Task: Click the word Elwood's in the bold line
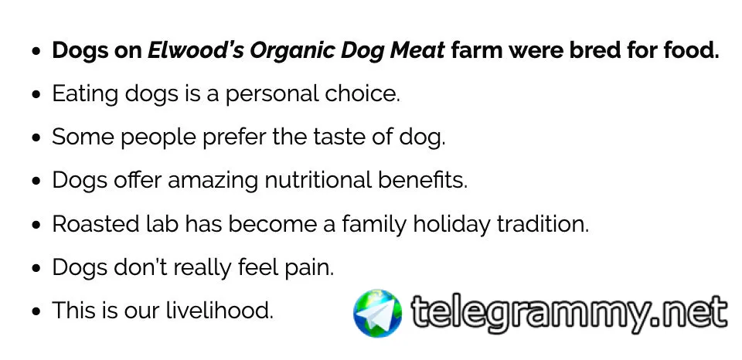[x=196, y=50]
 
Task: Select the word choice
[x=362, y=93]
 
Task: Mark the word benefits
[x=423, y=181]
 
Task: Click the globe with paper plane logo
[x=378, y=313]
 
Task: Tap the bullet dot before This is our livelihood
[x=36, y=312]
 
